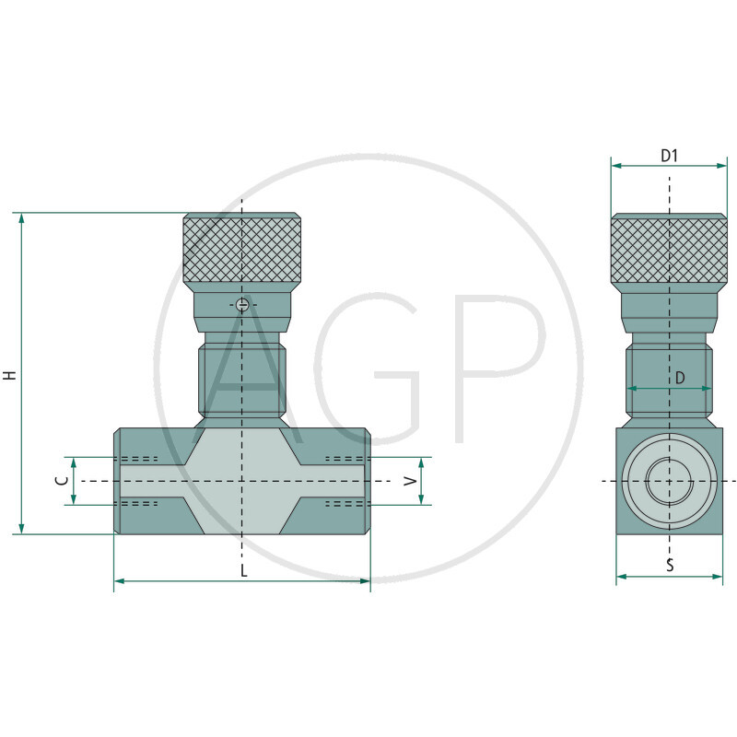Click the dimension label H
pyautogui.click(x=10, y=375)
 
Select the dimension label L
pyautogui.click(x=243, y=571)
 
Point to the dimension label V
pyautogui.click(x=411, y=481)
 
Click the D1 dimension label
pyautogui.click(x=670, y=156)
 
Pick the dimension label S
pyautogui.click(x=670, y=565)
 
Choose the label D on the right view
pyautogui.click(x=680, y=378)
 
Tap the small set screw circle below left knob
pyautogui.click(x=242, y=305)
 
